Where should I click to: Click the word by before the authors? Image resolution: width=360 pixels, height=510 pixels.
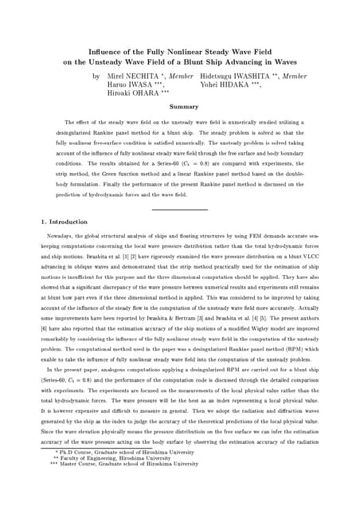coord(96,76)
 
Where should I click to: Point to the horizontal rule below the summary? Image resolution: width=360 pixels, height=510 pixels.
coord(179,209)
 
